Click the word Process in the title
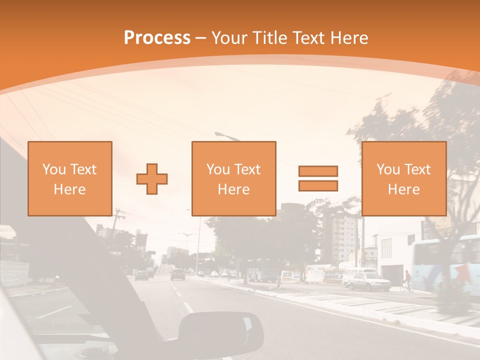(157, 38)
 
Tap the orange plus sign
(152, 178)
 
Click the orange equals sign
(318, 178)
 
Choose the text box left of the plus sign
(70, 178)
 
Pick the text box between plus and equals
(233, 178)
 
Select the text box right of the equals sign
(403, 178)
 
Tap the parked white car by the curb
(368, 281)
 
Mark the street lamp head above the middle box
(221, 134)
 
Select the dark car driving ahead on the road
(177, 274)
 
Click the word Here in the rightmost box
(403, 189)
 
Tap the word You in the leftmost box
(52, 169)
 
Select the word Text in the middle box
(247, 169)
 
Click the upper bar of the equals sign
(318, 171)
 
